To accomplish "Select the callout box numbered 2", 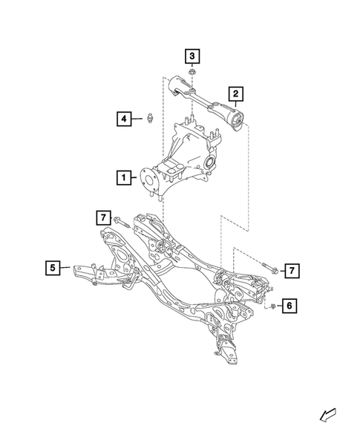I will click(235, 93).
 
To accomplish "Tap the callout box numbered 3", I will click(192, 56).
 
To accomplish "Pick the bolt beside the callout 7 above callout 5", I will click(122, 220).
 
